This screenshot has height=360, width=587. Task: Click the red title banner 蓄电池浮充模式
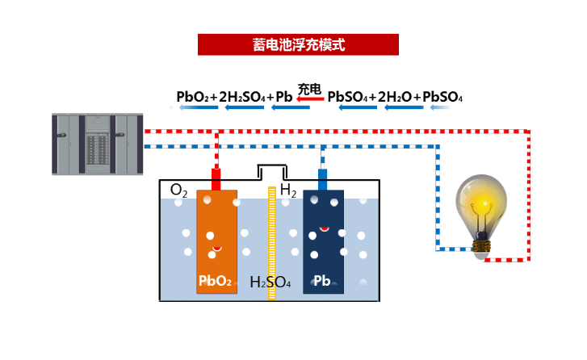pyautogui.click(x=298, y=44)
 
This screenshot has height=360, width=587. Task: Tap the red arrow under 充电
pyautogui.click(x=310, y=98)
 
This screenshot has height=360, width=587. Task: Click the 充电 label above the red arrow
pyautogui.click(x=309, y=89)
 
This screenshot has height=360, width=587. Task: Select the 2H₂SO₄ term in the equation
pyautogui.click(x=242, y=97)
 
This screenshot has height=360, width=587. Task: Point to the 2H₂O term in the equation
pyautogui.click(x=395, y=97)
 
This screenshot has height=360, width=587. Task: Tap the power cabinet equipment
pyautogui.click(x=98, y=144)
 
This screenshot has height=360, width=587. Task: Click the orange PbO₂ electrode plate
pyautogui.click(x=216, y=241)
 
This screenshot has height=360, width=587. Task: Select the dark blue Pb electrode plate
pyautogui.click(x=324, y=241)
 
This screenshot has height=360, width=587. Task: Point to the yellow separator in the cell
pyautogui.click(x=272, y=243)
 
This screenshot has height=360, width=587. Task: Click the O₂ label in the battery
pyautogui.click(x=178, y=190)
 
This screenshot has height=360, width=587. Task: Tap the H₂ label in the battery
pyautogui.click(x=288, y=190)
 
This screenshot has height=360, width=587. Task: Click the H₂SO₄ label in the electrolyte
pyautogui.click(x=270, y=282)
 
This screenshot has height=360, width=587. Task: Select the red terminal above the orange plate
pyautogui.click(x=216, y=179)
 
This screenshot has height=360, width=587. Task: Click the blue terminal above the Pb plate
pyautogui.click(x=322, y=179)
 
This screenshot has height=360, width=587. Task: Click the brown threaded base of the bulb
pyautogui.click(x=481, y=246)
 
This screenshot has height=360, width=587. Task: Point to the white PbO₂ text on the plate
pyautogui.click(x=215, y=281)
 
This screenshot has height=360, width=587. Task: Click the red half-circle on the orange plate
pyautogui.click(x=216, y=249)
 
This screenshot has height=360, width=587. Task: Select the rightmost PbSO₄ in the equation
pyautogui.click(x=442, y=97)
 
